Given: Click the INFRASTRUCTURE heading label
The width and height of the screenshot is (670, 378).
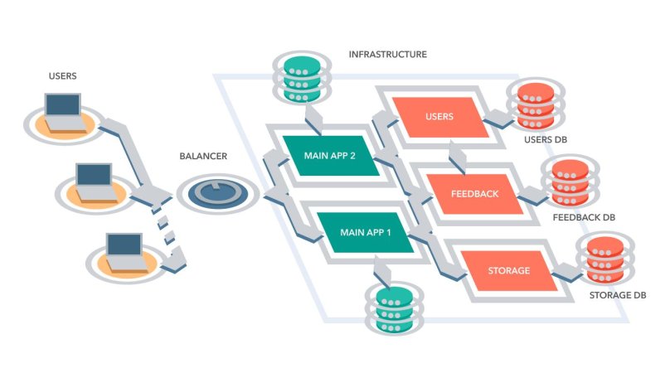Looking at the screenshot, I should point(387,55).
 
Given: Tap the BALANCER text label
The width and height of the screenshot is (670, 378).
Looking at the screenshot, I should point(203,156).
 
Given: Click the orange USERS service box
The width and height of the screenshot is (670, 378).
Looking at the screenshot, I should point(439,117).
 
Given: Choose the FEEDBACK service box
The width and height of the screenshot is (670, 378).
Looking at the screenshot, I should point(474,194).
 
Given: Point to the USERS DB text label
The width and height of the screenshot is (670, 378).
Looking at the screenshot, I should point(545,139).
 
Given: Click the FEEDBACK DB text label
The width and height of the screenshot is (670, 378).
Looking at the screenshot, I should point(584,217).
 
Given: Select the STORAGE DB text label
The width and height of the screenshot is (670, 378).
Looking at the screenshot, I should point(617,295).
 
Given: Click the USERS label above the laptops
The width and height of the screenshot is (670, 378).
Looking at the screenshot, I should point(63,76).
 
